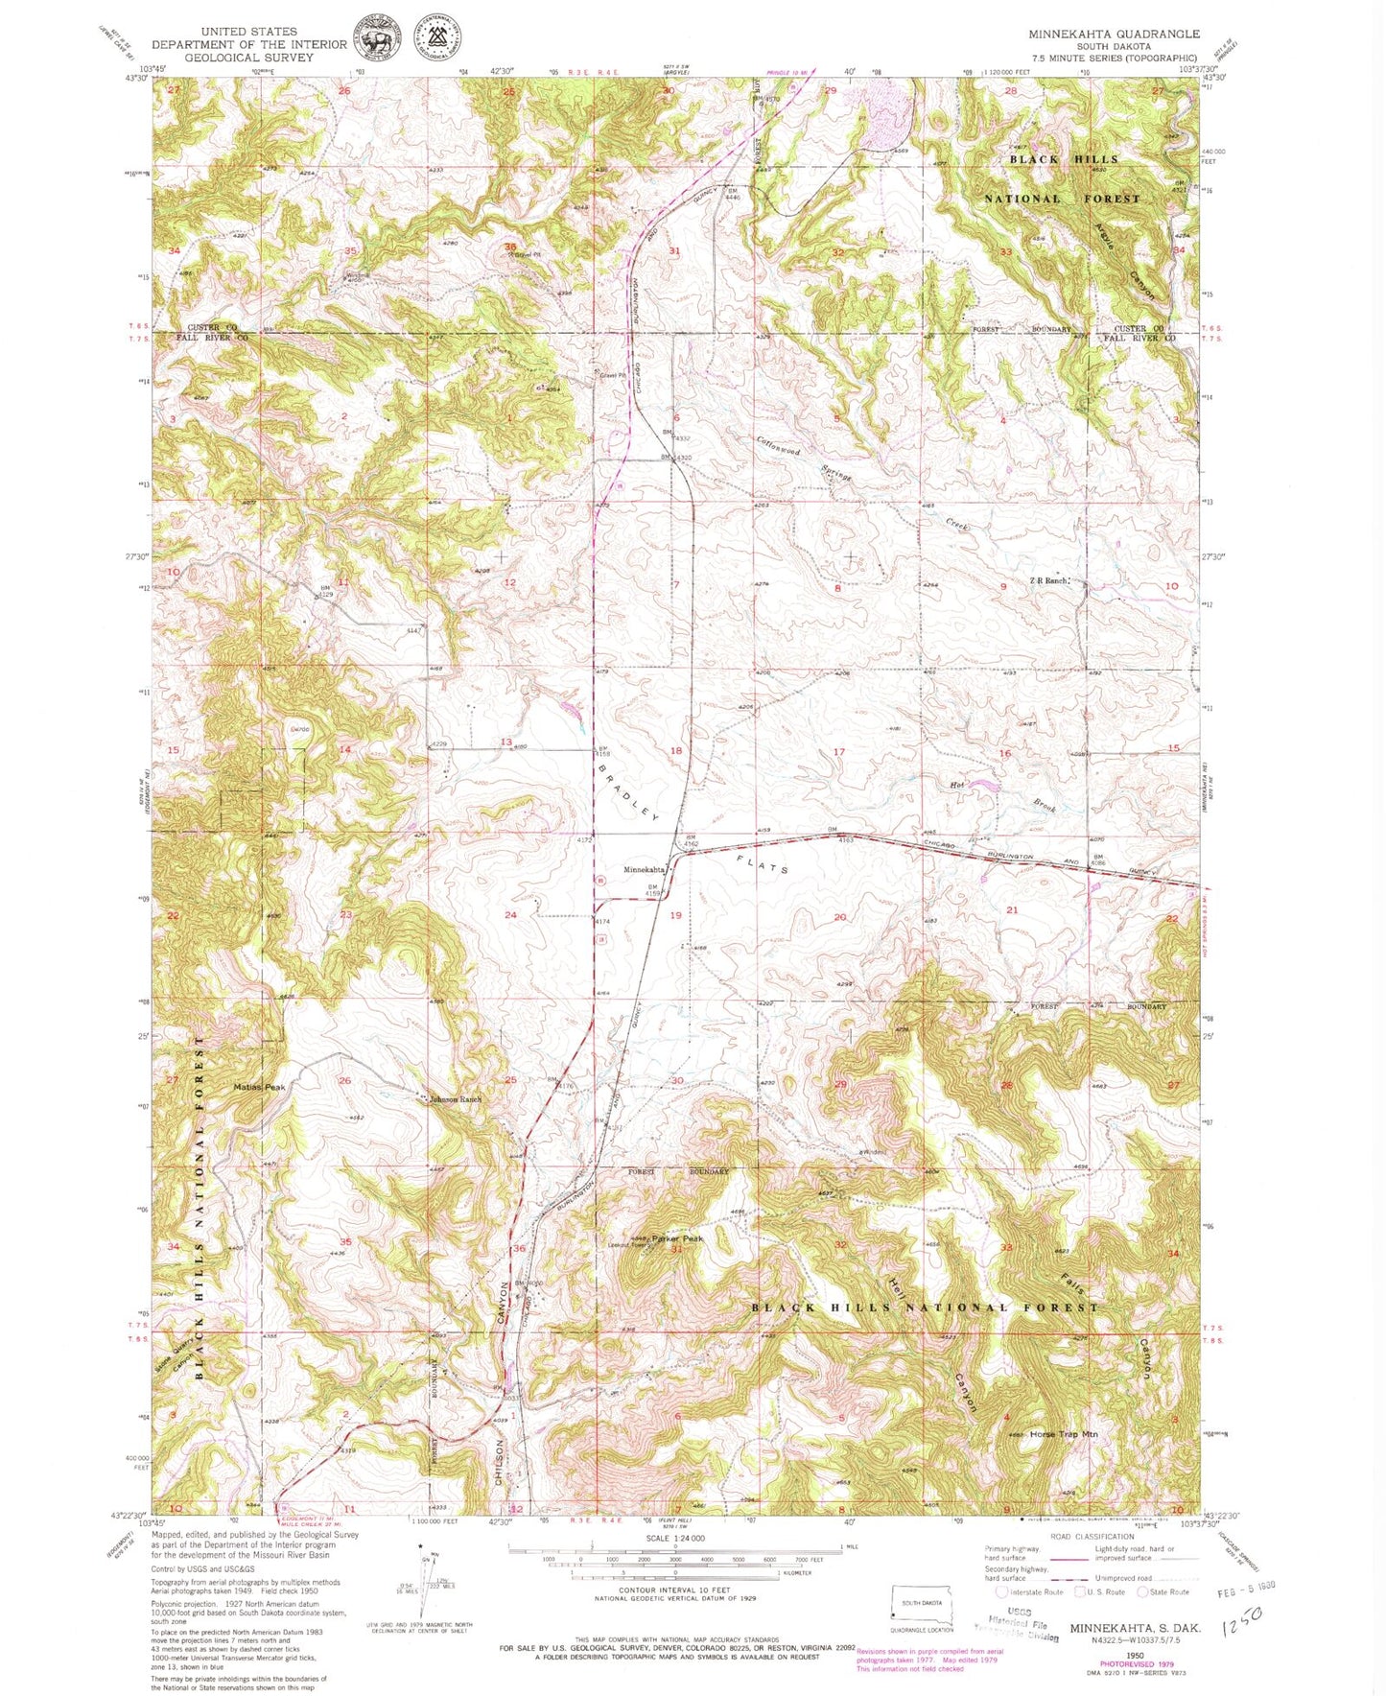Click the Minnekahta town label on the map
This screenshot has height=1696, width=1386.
(x=645, y=870)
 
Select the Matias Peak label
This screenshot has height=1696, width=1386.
(x=259, y=1087)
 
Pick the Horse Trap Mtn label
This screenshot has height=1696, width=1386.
(x=1063, y=1434)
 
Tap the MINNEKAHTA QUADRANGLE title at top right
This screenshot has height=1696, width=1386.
(x=1114, y=34)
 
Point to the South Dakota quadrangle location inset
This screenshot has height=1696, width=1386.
(x=922, y=1603)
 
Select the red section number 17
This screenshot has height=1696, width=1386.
(x=839, y=752)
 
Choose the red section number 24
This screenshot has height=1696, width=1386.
(x=510, y=915)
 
